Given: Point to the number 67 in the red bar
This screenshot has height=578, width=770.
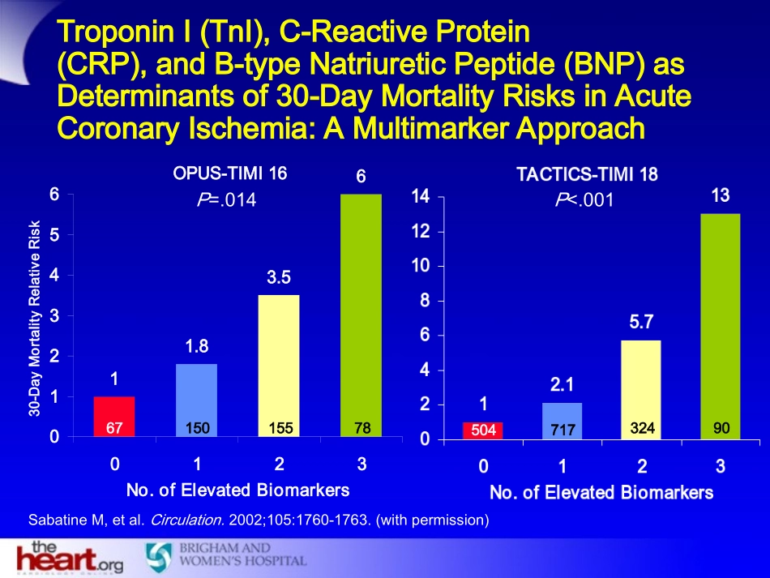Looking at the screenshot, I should [114, 426].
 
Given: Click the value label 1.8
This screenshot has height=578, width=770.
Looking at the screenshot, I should [197, 346].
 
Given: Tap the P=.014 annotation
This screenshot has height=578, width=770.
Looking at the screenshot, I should [226, 200].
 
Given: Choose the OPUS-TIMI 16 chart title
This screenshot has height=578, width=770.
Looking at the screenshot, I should [230, 173].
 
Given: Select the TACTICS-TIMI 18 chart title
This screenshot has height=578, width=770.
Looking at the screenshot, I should [588, 174].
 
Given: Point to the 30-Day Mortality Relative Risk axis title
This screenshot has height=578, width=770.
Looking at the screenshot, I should [35, 316].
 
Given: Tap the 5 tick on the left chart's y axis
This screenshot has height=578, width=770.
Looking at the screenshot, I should [54, 235].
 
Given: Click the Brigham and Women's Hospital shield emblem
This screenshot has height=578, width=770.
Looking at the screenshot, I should [159, 556].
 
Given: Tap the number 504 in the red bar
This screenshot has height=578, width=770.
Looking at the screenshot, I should [483, 430].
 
